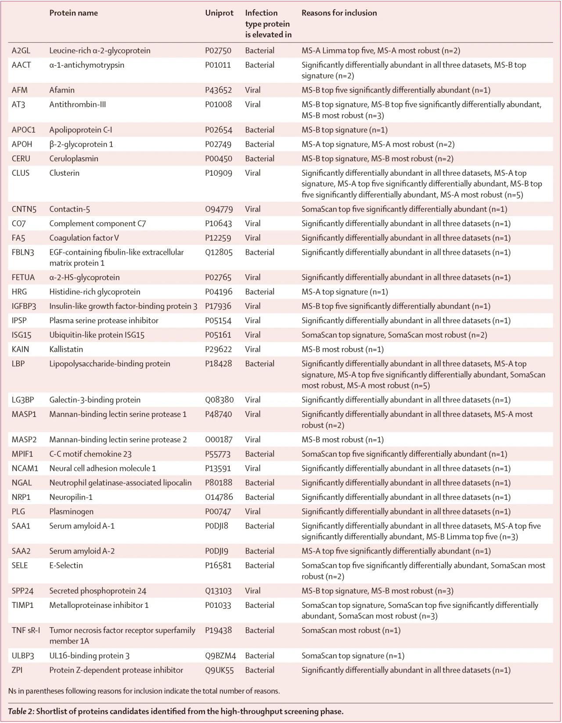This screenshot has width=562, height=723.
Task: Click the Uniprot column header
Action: [219, 13]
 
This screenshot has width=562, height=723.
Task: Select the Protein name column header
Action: [73, 13]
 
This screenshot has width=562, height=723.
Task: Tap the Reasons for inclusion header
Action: [339, 13]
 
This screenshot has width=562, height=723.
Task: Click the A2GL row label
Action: [21, 51]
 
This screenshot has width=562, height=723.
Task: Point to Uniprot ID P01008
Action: [218, 105]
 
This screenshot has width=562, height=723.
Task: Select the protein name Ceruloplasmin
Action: [74, 159]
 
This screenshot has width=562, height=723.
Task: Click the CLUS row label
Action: [21, 173]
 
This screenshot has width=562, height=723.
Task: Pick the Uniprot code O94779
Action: [219, 209]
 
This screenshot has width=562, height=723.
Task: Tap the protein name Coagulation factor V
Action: [84, 238]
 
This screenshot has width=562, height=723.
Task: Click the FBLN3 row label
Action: [23, 253]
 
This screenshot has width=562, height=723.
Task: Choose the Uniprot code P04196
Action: [218, 292]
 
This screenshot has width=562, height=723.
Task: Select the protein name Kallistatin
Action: [66, 350]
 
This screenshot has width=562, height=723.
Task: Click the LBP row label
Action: [18, 364]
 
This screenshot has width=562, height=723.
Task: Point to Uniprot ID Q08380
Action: [219, 400]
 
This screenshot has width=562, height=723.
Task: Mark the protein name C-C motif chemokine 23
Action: [90, 454]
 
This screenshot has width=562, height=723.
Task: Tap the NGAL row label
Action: [22, 483]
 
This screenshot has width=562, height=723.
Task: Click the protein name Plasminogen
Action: [71, 512]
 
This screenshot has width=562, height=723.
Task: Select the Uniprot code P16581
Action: [218, 566]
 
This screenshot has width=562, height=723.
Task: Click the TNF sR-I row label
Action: [26, 631]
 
